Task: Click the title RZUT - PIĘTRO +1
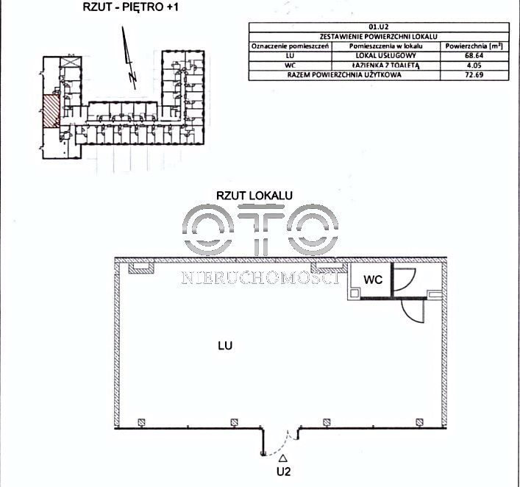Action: pos(130,7)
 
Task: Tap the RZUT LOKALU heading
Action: pos(254,196)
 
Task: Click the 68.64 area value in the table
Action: pos(474,56)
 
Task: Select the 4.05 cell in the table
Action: pos(474,65)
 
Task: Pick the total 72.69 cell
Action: pos(474,75)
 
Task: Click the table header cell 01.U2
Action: pos(379,27)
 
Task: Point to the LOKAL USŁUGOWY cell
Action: pos(385,56)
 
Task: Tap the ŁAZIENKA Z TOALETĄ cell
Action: pos(385,65)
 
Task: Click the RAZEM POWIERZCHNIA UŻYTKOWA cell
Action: pos(344,75)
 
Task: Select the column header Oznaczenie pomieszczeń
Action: pos(291,46)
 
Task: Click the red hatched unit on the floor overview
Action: pos(51,111)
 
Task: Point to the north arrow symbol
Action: pos(129,58)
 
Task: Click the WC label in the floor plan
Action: pos(373,280)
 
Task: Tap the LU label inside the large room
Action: pos(225,346)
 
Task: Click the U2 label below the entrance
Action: pos(284,472)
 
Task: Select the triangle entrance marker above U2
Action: pos(283,458)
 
